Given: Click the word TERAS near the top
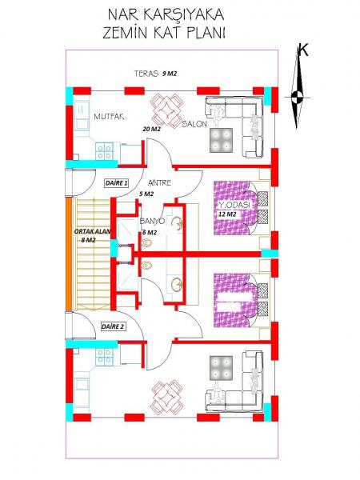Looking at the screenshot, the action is tap(146, 74).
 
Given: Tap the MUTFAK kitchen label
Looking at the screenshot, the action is tap(109, 116).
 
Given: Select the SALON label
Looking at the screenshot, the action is tap(194, 124).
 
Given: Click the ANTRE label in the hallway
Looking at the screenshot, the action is tap(159, 182).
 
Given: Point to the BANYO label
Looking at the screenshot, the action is tap(153, 221).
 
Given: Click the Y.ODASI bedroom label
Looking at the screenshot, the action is tap(234, 205).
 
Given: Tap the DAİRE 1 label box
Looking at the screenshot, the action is tap(116, 183).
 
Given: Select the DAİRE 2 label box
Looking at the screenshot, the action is tap(113, 326).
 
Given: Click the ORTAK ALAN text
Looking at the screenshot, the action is tap(92, 232).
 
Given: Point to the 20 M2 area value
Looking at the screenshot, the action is tap(151, 129).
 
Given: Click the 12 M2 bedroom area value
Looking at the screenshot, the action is tap(227, 214).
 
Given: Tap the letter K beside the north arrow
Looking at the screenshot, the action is tap(303, 50).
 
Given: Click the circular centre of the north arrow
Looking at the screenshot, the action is tap(296, 98).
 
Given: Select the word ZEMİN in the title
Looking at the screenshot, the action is tap(126, 33).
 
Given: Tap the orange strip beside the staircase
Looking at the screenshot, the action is tap(70, 254).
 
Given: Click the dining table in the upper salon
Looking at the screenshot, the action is tap(167, 110).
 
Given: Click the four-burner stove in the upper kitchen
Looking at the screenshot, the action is tap(104, 151).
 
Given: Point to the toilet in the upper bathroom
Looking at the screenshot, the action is tap(147, 243).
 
